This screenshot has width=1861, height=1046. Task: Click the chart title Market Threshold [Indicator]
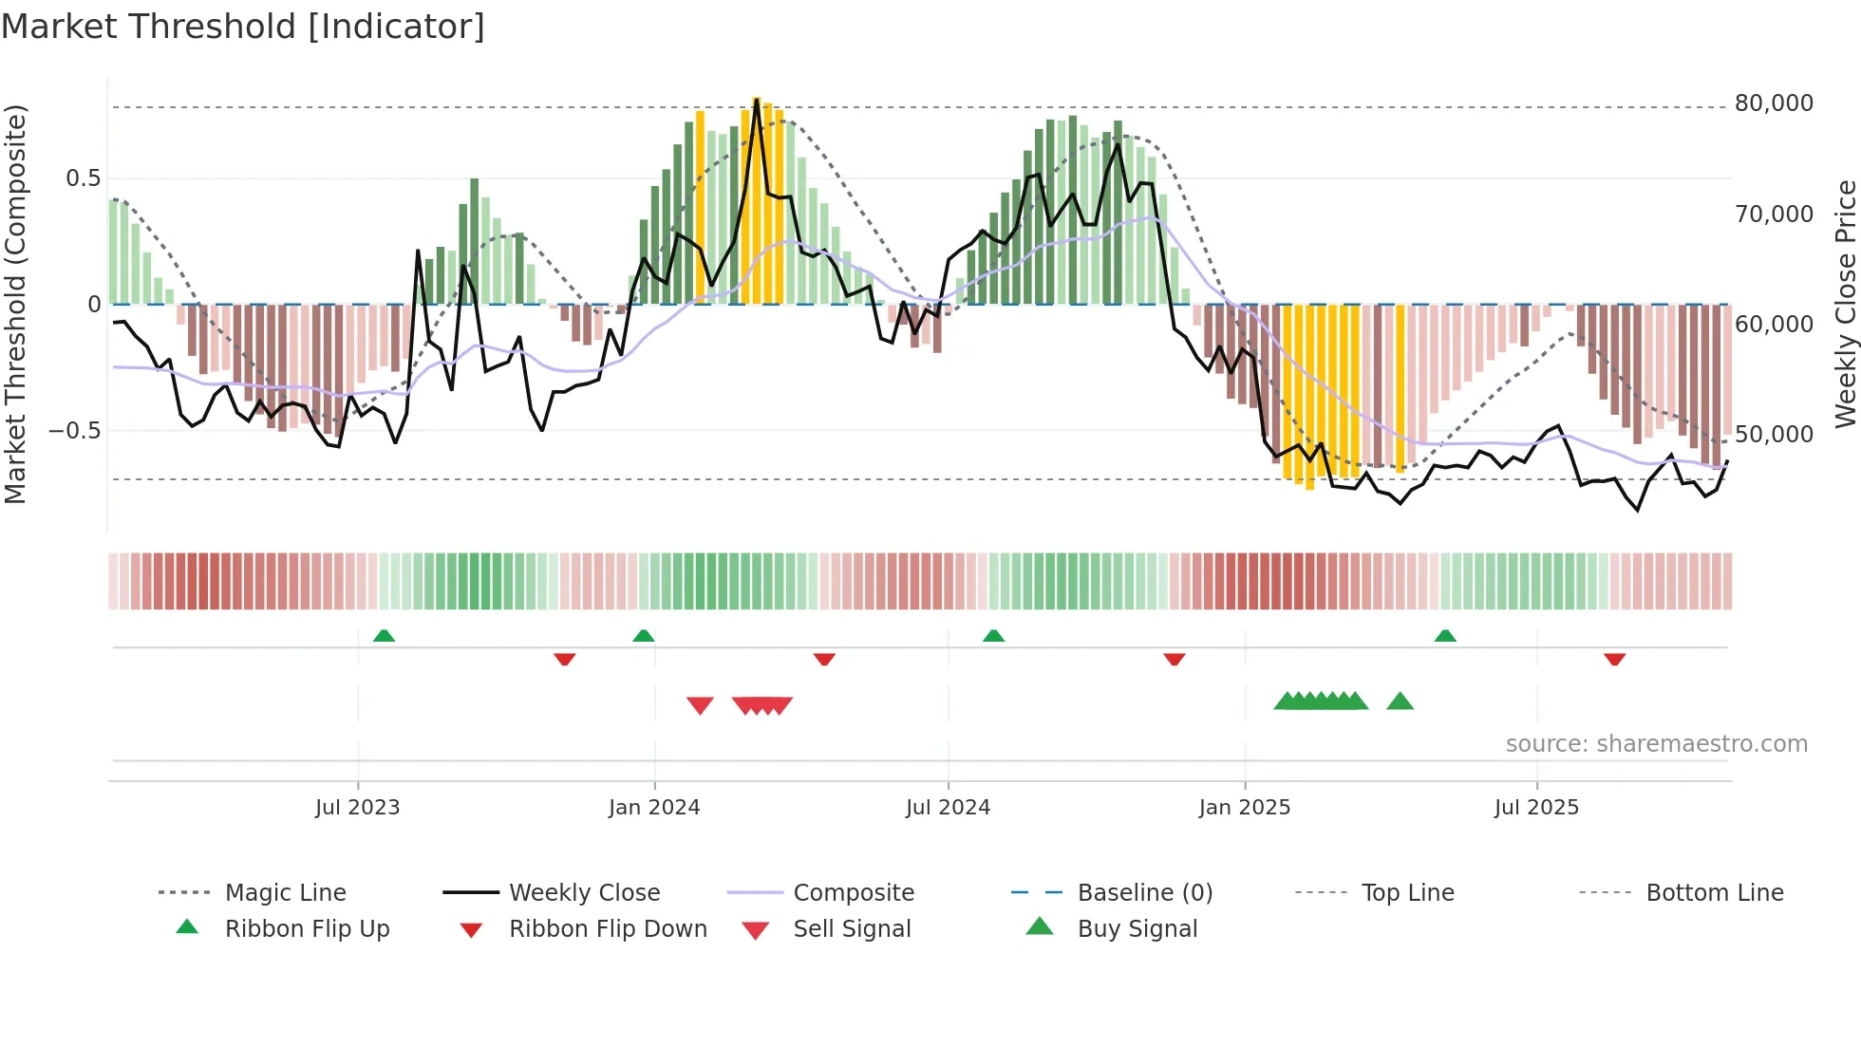click(243, 27)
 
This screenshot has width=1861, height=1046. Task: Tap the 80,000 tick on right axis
click(1774, 103)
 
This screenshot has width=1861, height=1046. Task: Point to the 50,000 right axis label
click(1774, 435)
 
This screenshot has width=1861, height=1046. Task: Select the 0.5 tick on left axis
click(83, 178)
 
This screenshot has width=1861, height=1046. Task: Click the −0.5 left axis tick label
click(75, 431)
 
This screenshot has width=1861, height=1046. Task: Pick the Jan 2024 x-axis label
click(654, 808)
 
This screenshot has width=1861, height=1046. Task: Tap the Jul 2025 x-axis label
click(1536, 808)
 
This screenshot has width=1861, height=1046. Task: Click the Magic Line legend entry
click(285, 893)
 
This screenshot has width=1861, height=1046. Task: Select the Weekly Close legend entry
click(584, 893)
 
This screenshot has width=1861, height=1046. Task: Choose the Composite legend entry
click(854, 893)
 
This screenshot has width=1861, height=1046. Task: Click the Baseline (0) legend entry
click(1145, 893)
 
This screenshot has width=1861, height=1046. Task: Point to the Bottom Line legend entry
click(1715, 893)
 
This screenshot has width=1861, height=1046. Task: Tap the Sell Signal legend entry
click(852, 929)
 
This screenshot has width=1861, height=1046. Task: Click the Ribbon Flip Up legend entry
click(307, 929)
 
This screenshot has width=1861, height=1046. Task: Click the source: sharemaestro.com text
click(1657, 744)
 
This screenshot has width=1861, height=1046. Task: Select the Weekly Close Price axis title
click(1845, 304)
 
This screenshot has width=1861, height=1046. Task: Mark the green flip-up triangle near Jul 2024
click(993, 636)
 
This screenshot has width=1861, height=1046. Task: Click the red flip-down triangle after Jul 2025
click(1615, 659)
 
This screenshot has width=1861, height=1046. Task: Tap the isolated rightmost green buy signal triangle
click(1400, 702)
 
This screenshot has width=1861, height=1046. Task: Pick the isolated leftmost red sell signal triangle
click(700, 705)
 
